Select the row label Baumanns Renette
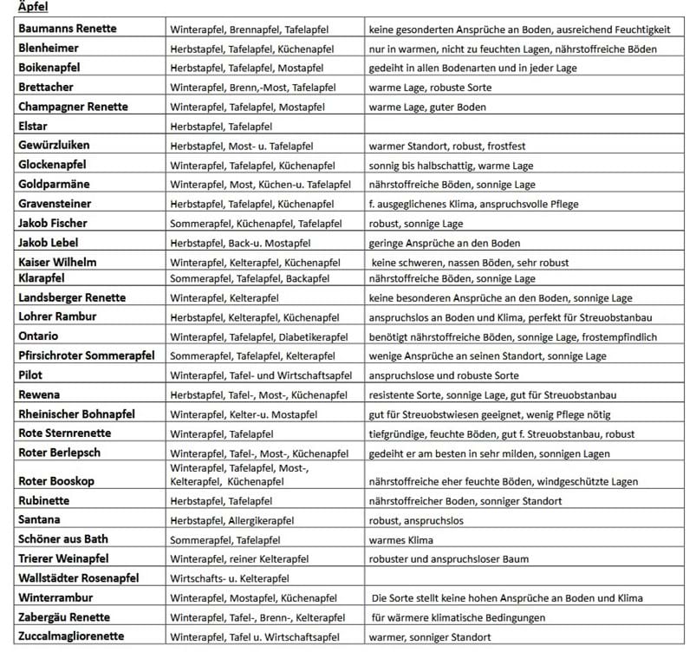67,29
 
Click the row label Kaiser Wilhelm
57,262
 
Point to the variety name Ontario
39,336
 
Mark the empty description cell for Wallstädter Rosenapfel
524,578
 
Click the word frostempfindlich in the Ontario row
615,337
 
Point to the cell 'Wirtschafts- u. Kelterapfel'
229,578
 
